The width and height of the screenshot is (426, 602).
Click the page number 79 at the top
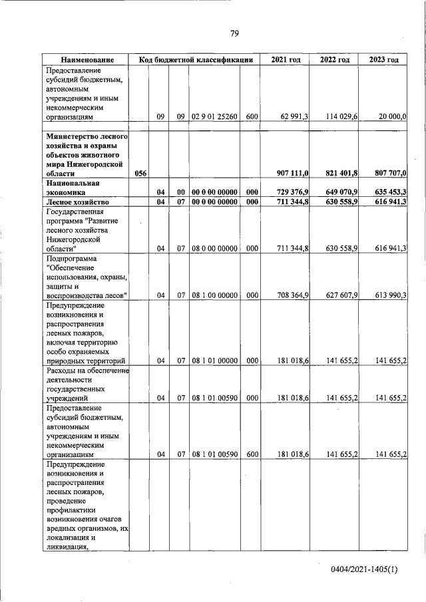tap(234, 34)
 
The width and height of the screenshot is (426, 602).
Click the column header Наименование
tap(86, 60)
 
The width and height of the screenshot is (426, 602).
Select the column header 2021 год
tap(286, 60)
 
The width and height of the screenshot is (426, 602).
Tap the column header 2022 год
tap(335, 60)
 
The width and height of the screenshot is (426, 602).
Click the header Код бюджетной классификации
tap(196, 60)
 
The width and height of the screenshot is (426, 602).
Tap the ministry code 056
tap(140, 173)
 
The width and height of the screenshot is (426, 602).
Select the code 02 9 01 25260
tap(214, 116)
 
